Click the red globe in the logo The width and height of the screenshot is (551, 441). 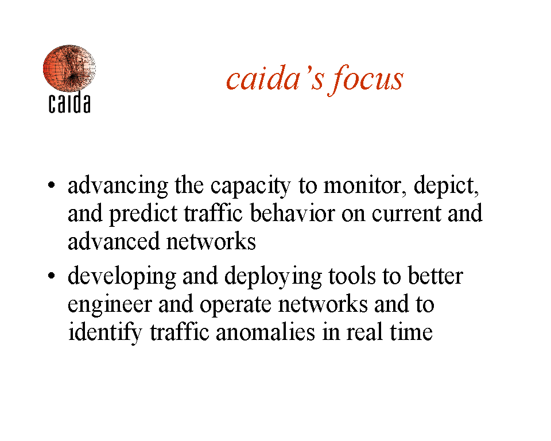[x=69, y=68]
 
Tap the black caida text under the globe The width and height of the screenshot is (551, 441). [x=69, y=102]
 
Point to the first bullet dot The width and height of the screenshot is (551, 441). [x=51, y=185]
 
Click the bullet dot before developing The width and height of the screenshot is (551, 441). [x=51, y=276]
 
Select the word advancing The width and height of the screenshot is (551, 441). [x=118, y=186]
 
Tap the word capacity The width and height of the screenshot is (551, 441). [x=251, y=186]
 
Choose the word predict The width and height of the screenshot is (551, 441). [x=143, y=214]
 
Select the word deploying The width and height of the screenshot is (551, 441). [x=273, y=277]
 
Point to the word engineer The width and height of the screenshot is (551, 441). [x=110, y=305]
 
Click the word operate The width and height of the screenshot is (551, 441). [x=235, y=305]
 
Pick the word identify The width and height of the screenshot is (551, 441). [x=105, y=332]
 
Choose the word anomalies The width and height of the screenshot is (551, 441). [x=265, y=332]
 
